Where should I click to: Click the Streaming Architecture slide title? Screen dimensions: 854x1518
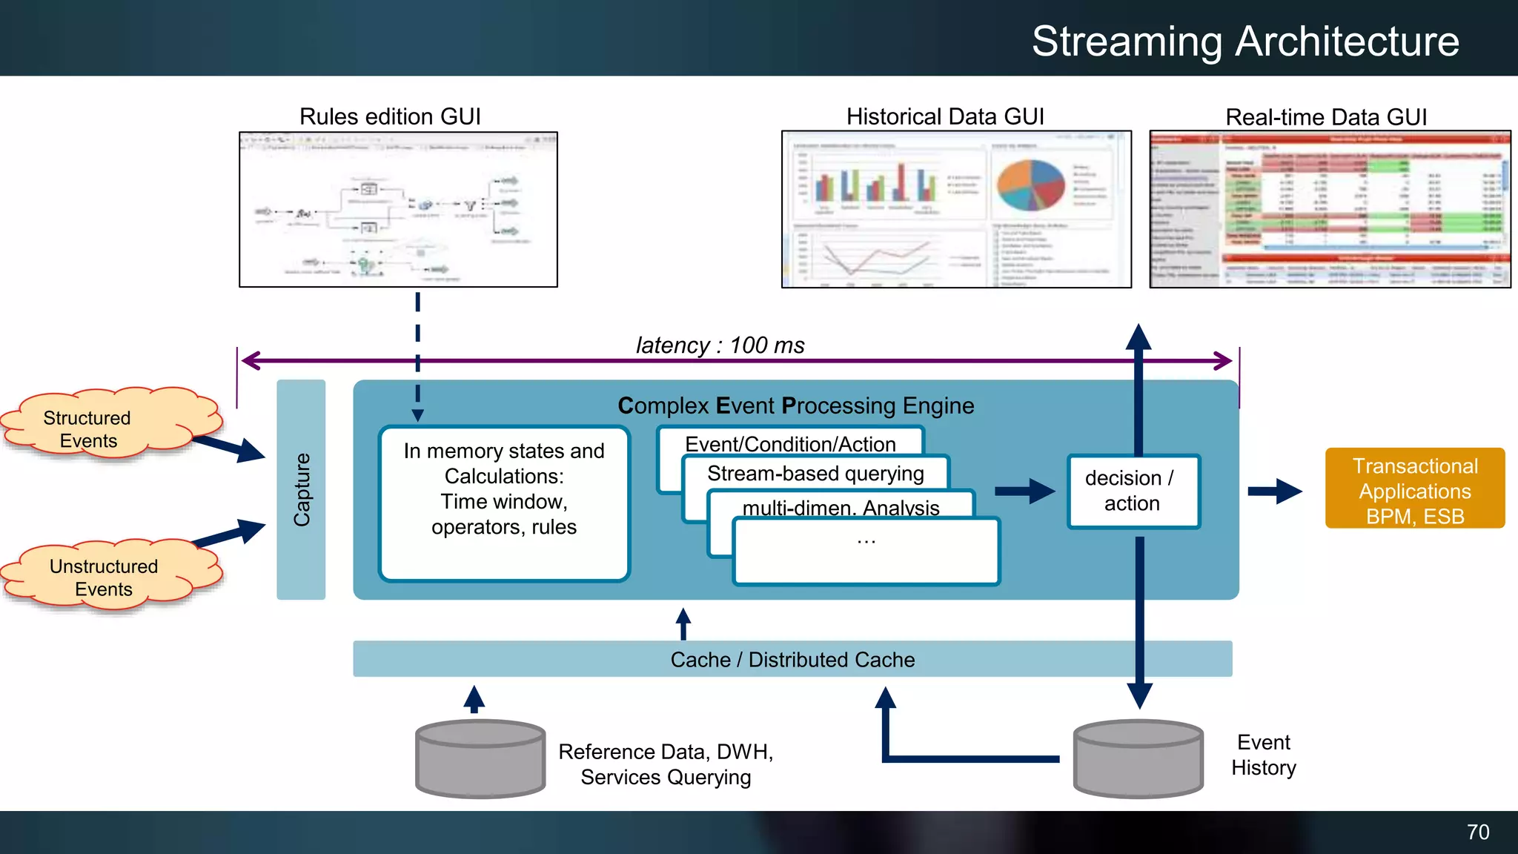point(1245,42)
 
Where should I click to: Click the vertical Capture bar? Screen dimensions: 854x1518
point(301,489)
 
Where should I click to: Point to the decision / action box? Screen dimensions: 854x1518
point(1133,491)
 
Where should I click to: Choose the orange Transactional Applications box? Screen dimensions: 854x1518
point(1414,489)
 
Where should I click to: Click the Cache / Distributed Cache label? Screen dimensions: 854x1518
point(792,659)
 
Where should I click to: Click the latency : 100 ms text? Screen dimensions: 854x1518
point(720,345)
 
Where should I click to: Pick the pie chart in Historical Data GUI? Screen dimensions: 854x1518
point(1030,185)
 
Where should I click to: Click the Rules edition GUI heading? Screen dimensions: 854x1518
point(390,116)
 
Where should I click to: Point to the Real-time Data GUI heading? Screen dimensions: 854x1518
point(1325,117)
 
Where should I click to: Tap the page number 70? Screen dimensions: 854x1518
point(1477,832)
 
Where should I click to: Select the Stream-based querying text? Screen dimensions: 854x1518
point(815,473)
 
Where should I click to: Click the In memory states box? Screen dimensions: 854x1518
point(504,503)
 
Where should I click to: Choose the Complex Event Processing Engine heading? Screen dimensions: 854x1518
point(795,406)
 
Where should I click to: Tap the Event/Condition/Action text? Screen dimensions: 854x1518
point(790,443)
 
